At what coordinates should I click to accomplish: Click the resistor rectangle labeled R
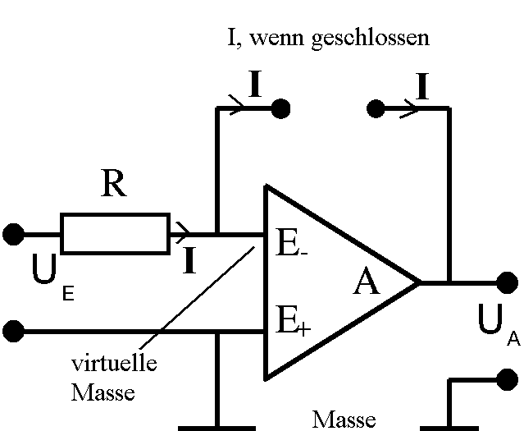[115, 233]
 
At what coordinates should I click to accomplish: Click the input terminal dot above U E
[13, 234]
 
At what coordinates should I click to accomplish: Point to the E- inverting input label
[290, 244]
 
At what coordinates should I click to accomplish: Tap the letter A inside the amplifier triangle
[367, 283]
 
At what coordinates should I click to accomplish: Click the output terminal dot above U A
[508, 282]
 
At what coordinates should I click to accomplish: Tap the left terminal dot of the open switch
[280, 108]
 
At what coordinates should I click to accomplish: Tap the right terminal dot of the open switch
[376, 108]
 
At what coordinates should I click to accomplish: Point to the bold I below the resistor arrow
[189, 261]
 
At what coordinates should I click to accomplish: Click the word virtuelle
[113, 363]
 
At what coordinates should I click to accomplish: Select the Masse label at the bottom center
[344, 419]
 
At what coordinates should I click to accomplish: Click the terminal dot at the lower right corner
[508, 380]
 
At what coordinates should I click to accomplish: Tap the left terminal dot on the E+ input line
[13, 332]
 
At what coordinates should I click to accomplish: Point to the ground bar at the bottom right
[449, 427]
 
